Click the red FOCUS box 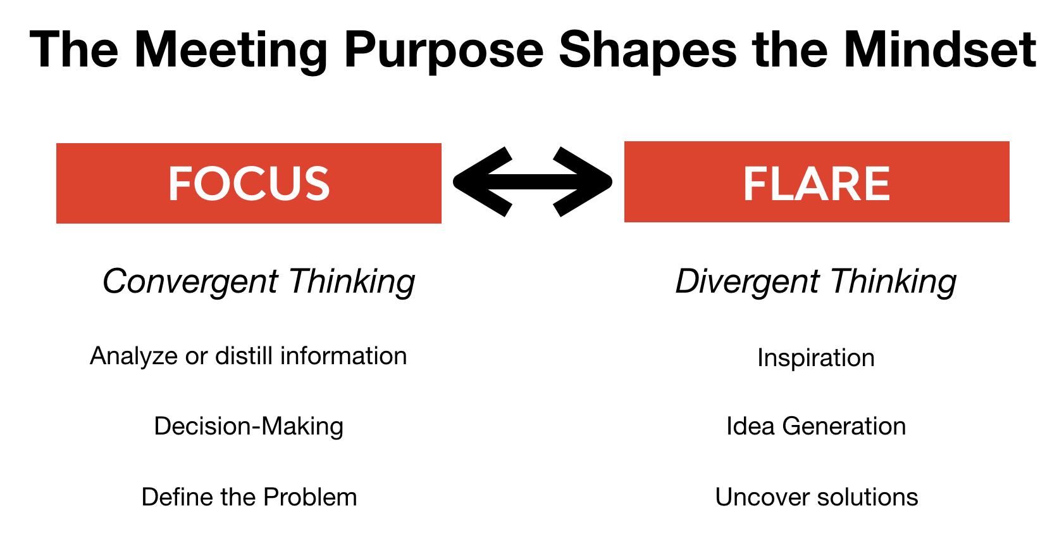pyautogui.click(x=249, y=184)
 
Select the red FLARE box pyautogui.click(x=817, y=182)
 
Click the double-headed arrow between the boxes pyautogui.click(x=533, y=182)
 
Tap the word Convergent pyautogui.click(x=190, y=281)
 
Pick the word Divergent pyautogui.click(x=747, y=281)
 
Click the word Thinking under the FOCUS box pyautogui.click(x=352, y=281)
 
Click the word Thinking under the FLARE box pyautogui.click(x=893, y=281)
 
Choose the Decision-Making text pyautogui.click(x=249, y=426)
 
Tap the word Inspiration pyautogui.click(x=816, y=359)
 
